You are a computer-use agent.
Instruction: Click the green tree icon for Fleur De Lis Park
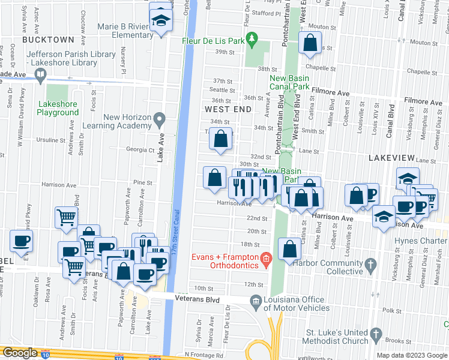[x=253, y=40]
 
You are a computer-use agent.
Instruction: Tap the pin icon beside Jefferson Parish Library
[x=41, y=75]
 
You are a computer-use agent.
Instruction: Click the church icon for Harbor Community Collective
[x=371, y=264]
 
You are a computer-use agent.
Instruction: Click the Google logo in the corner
[x=20, y=353]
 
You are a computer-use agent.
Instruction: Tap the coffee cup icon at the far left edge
[x=22, y=242]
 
